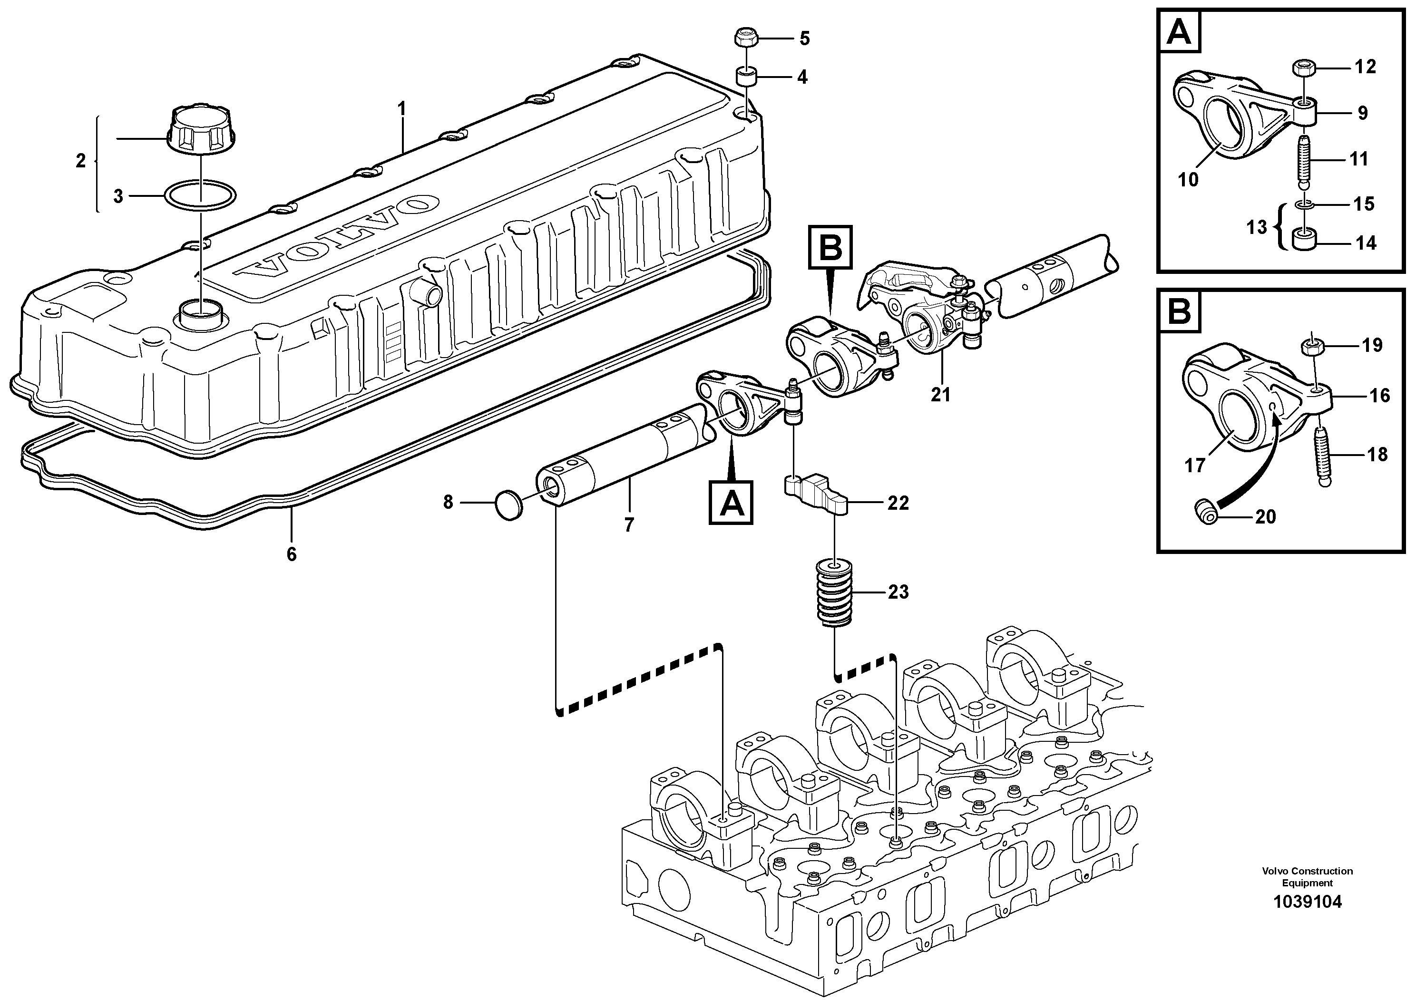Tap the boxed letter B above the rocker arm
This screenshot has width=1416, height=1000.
pos(830,248)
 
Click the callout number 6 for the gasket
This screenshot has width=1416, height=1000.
pos(291,554)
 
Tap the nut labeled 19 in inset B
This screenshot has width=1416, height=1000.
pos(1312,347)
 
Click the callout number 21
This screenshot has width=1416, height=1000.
pos(940,394)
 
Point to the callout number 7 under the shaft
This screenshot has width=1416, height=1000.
pos(628,524)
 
